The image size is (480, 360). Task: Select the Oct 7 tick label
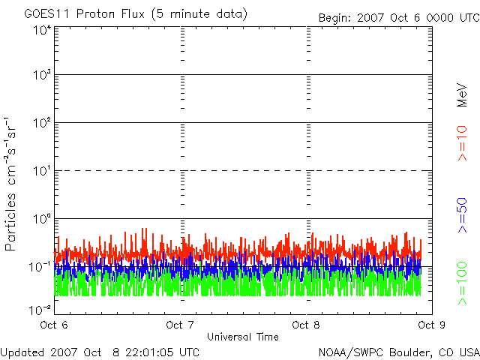tap(180, 325)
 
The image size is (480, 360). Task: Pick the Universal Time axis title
tap(243, 337)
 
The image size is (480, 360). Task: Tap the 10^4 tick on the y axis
tap(42, 29)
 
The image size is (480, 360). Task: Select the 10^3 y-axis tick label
tap(42, 76)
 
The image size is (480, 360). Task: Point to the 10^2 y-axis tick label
tap(42, 124)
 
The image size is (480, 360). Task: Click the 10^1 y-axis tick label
tap(42, 172)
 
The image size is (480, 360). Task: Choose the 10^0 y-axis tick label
tap(42, 220)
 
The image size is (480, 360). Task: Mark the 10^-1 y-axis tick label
tap(40, 268)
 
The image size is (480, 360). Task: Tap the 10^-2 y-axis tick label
tap(40, 307)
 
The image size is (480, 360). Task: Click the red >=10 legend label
tap(462, 143)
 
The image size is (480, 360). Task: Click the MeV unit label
tap(462, 94)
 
